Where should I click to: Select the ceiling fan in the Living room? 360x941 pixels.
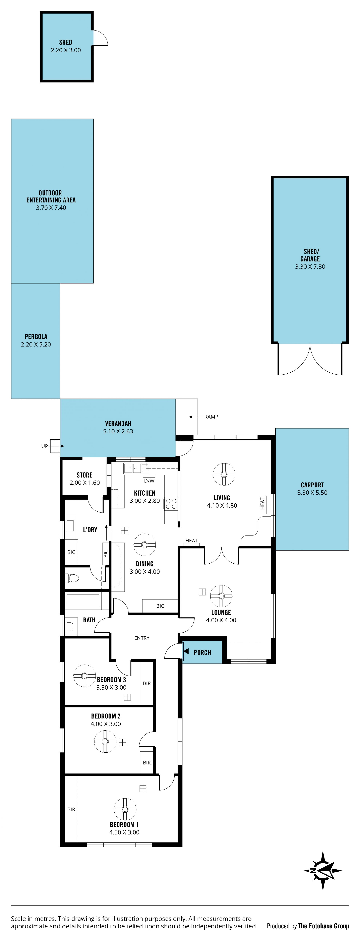[x=224, y=474]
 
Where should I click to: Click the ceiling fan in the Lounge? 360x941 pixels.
[x=221, y=596]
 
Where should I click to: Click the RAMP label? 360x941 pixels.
[x=211, y=417]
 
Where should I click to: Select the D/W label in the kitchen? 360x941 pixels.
[x=149, y=481]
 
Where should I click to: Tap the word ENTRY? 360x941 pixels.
[x=142, y=638]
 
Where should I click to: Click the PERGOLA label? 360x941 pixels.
[x=36, y=336]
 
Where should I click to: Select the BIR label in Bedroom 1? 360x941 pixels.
[x=71, y=809]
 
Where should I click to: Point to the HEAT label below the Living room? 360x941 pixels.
[x=191, y=540]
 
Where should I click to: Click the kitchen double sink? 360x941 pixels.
[x=132, y=468]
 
